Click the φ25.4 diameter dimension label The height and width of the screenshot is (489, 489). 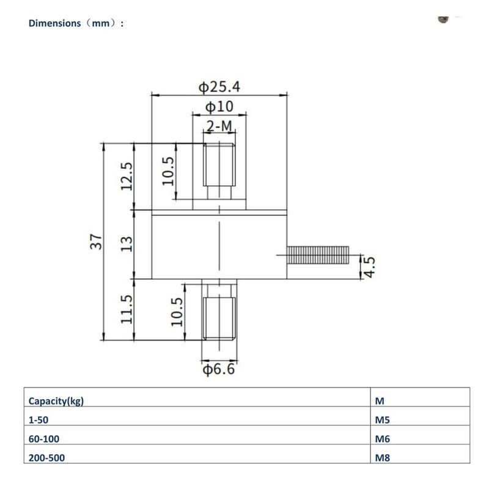(x=219, y=87)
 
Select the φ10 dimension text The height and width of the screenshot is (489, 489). (x=219, y=107)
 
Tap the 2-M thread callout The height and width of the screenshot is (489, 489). (x=219, y=127)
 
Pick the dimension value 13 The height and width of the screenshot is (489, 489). (x=127, y=244)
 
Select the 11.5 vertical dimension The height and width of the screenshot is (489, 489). (x=127, y=310)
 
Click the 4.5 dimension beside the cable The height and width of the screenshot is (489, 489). (x=368, y=267)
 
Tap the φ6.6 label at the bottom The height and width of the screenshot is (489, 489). (x=219, y=370)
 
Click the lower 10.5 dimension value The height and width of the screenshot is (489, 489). (x=177, y=311)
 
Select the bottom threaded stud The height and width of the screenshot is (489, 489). (x=219, y=315)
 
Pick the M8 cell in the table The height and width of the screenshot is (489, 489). (x=381, y=457)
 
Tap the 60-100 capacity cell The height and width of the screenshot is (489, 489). (x=44, y=438)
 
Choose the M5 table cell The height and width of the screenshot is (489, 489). (x=381, y=420)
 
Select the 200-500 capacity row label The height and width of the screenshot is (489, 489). (x=46, y=457)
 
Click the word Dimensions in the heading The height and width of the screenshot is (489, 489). (x=54, y=23)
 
